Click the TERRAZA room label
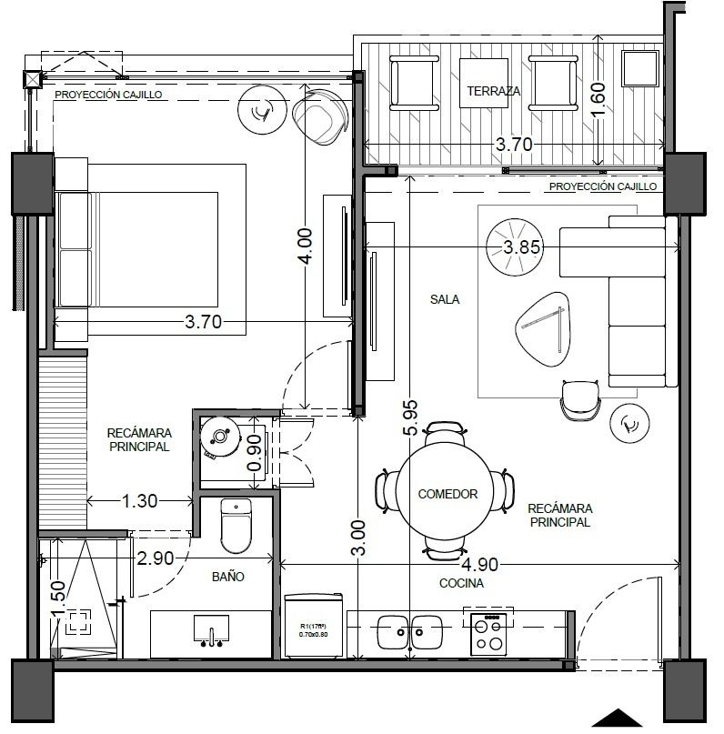493,91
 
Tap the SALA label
445,299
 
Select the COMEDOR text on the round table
447,494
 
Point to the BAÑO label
228,577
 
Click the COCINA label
461,583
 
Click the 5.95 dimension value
410,417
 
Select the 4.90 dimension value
479,565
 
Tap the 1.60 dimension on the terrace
598,99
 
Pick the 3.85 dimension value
522,246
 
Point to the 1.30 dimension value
139,501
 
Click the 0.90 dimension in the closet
254,453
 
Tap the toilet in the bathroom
236,526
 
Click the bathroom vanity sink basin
211,628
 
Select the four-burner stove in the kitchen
488,634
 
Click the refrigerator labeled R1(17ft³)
314,626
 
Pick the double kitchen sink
409,632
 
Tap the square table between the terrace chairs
484,83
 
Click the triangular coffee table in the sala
543,328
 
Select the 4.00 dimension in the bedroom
305,246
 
